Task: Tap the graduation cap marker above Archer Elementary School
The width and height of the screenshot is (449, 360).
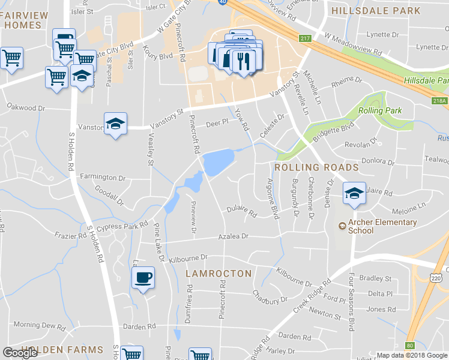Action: tap(354, 194)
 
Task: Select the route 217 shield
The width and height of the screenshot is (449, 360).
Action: tap(305, 38)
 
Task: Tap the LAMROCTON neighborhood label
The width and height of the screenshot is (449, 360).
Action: tap(218, 273)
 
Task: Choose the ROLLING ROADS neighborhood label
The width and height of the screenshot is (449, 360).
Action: tap(317, 167)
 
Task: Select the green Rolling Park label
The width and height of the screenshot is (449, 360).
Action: tap(379, 110)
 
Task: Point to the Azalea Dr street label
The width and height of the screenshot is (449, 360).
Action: tap(233, 236)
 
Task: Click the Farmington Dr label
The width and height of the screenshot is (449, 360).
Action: tap(104, 178)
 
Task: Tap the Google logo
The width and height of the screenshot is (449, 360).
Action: tap(20, 353)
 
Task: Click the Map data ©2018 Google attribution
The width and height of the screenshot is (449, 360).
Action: tap(412, 355)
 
